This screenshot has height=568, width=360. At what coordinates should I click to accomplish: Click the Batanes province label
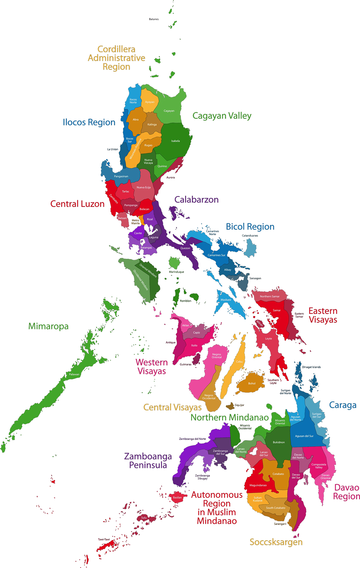point(154,19)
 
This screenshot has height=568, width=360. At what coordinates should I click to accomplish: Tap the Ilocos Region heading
point(89,122)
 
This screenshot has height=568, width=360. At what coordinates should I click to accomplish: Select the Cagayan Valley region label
point(222,116)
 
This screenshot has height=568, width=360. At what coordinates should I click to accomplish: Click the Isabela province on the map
point(175,141)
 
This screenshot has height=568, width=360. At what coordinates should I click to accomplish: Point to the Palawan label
point(74,374)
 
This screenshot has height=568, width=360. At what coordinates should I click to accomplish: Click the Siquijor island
point(230,406)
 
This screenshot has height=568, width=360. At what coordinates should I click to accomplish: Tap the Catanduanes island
point(250,248)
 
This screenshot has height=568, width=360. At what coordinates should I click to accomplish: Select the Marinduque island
point(175,263)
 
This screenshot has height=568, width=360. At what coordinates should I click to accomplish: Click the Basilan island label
point(177,497)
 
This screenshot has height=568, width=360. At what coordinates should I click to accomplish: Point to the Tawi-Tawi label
point(104,539)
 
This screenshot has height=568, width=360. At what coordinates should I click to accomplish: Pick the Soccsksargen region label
point(276,542)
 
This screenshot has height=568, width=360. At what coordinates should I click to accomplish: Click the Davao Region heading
point(347,492)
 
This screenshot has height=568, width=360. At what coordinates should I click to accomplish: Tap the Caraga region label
point(343,405)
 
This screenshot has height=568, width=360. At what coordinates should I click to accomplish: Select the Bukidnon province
point(279,442)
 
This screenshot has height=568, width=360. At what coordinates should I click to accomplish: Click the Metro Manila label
point(135,222)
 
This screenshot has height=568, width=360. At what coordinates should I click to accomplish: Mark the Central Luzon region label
point(77,204)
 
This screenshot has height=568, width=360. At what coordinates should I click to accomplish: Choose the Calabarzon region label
point(197,200)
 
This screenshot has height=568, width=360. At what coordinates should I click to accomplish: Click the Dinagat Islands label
point(311,367)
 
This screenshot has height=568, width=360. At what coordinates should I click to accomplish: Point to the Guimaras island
point(196,359)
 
